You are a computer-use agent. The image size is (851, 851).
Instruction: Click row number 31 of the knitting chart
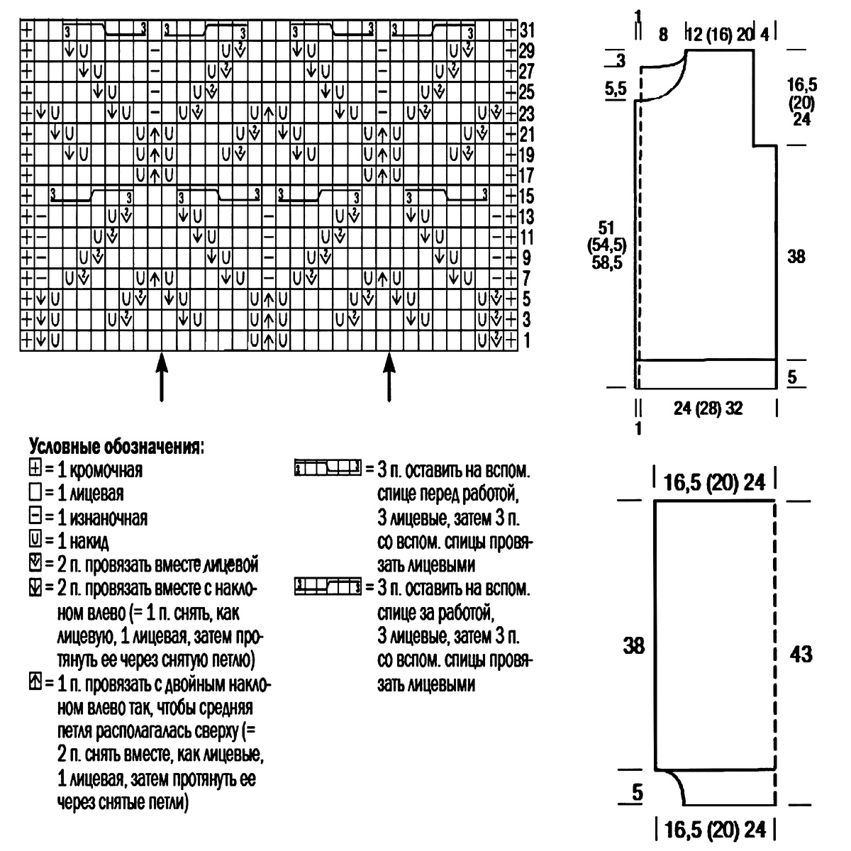528,30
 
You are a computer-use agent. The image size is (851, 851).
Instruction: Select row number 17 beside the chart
528,175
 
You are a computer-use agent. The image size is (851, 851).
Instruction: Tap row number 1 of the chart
526,340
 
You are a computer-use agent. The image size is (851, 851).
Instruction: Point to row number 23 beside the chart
528,113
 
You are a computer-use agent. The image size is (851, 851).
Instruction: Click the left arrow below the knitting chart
162,377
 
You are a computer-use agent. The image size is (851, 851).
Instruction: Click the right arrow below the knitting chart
389,377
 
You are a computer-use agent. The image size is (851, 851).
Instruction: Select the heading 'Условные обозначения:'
116,447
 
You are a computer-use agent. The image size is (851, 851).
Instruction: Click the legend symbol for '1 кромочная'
35,468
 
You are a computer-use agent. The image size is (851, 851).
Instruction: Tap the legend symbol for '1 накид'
35,539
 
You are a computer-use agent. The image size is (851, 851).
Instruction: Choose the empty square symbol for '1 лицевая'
35,491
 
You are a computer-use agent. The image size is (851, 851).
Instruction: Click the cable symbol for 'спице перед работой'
328,467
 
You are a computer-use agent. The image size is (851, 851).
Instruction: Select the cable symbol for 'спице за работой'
328,587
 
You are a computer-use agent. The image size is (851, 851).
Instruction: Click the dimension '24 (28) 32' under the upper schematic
708,408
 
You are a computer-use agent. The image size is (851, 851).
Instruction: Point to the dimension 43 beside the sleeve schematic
801,654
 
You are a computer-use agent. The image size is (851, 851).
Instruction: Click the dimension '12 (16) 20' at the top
721,34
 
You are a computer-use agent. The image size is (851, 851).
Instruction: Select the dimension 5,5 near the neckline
616,89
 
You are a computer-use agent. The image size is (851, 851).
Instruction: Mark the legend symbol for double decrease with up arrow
35,682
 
